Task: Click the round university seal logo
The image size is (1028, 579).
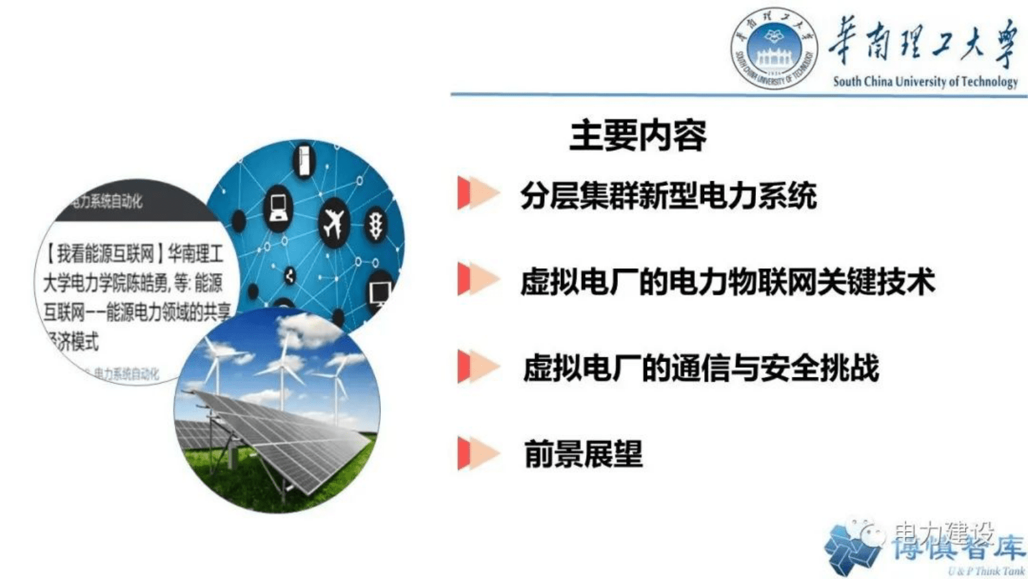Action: coord(773,48)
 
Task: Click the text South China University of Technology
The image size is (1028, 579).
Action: coord(924,82)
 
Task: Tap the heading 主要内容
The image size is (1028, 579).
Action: coord(637,135)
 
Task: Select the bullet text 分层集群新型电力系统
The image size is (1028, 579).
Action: coord(668,196)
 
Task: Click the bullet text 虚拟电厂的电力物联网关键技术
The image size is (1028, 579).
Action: coord(727,282)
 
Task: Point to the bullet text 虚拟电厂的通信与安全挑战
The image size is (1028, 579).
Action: coord(701,368)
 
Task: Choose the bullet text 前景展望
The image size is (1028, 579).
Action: coord(583,453)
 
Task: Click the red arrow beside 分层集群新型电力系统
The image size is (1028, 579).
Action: coord(477,193)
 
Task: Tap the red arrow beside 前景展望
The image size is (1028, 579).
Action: coord(477,453)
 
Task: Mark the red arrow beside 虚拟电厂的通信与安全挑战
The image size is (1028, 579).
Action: coord(477,367)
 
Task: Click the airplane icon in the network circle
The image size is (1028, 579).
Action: coord(334,224)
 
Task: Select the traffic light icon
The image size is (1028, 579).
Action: coord(376,225)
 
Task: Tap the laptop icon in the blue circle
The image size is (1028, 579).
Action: coord(279,207)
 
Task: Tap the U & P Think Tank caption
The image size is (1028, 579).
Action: coord(986,571)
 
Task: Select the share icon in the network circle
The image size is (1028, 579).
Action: coord(290,276)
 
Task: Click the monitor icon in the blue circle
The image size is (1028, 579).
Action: coord(380,292)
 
